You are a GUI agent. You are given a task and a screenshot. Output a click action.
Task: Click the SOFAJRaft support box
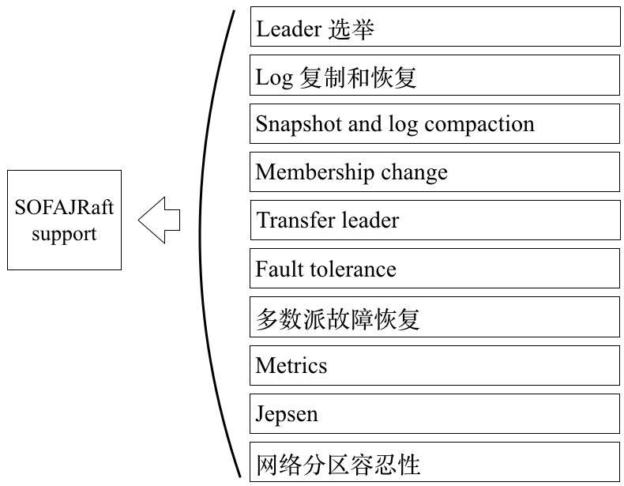point(65,220)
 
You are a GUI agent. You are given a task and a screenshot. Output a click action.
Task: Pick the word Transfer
point(289,220)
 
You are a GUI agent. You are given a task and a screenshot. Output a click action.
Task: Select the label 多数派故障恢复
point(337,318)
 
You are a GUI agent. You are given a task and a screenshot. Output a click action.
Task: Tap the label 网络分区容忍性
point(337,463)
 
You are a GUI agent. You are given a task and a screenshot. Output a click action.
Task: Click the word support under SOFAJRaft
point(64,235)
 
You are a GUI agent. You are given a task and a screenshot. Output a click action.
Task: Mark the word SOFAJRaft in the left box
point(65,208)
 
